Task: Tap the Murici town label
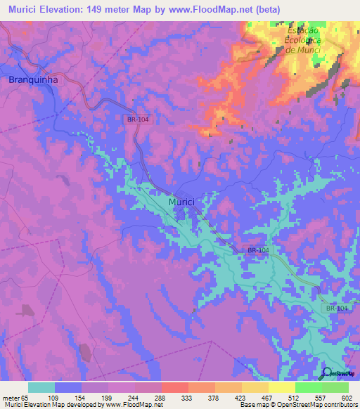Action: (x=181, y=202)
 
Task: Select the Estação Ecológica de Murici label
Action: (x=303, y=41)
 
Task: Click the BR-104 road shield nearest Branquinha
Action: (x=139, y=120)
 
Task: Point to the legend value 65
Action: (x=22, y=397)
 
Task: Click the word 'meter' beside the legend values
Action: (x=8, y=397)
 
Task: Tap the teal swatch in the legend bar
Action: (x=41, y=387)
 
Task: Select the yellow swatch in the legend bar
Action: (x=281, y=387)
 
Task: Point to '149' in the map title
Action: (x=100, y=9)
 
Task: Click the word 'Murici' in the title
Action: (x=20, y=9)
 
